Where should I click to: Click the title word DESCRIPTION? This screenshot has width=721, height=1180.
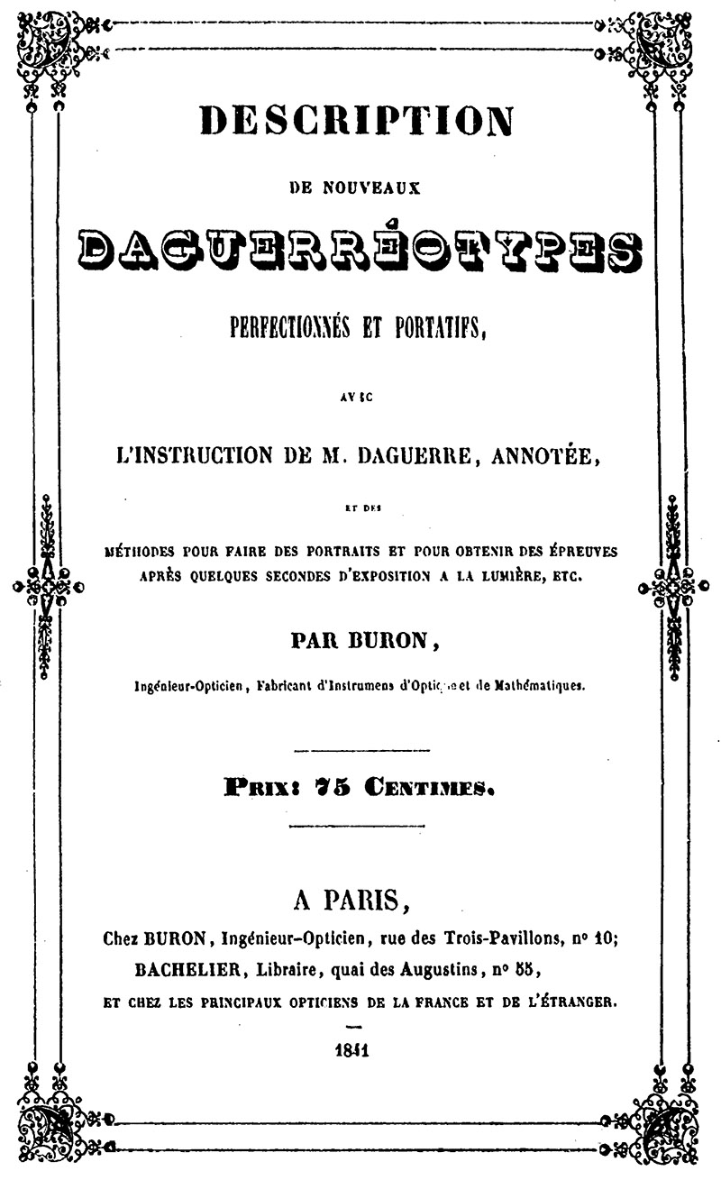356,120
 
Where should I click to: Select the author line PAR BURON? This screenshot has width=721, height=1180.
358,641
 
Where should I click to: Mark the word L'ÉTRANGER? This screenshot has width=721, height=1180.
564,1001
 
